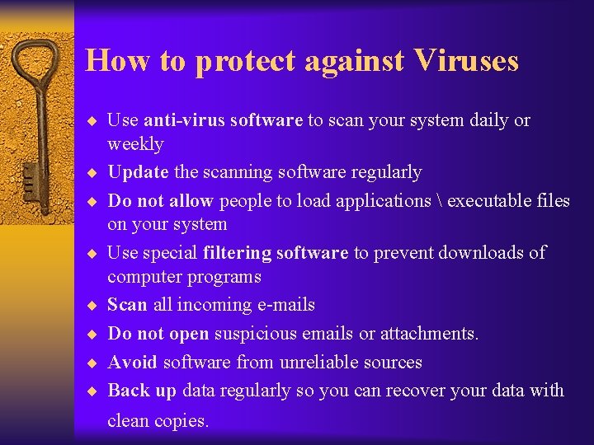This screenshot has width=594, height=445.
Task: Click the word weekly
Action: (135, 144)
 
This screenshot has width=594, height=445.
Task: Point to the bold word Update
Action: (138, 172)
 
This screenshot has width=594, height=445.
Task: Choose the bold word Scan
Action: (127, 305)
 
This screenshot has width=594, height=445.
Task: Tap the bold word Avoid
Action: (133, 363)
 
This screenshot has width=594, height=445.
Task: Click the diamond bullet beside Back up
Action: (93, 391)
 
